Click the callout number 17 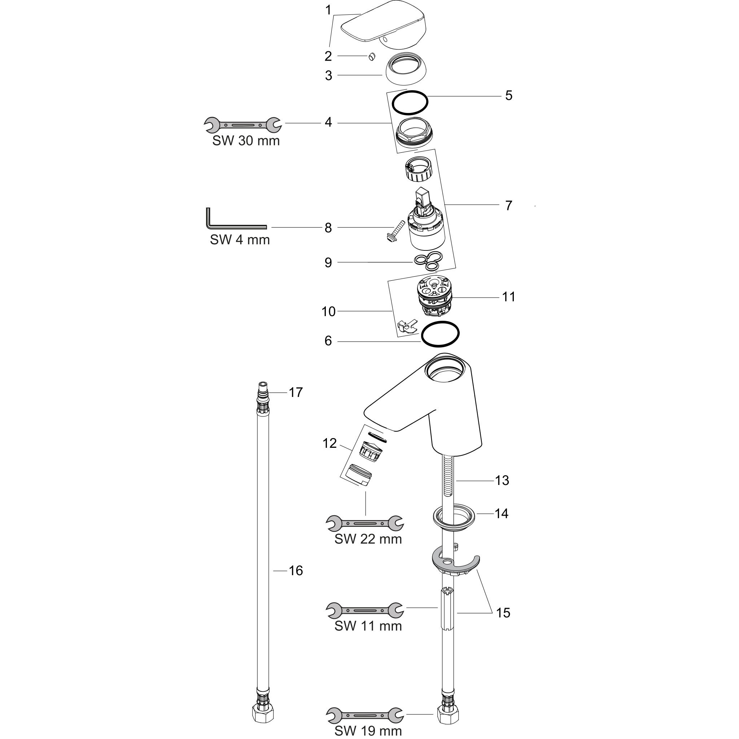[296, 393]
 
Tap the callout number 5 [508, 96]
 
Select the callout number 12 [329, 443]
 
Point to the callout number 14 [502, 513]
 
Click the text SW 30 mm [246, 141]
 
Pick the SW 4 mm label [240, 240]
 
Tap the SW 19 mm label [368, 731]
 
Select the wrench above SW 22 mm [365, 523]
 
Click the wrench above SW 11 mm [365, 611]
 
